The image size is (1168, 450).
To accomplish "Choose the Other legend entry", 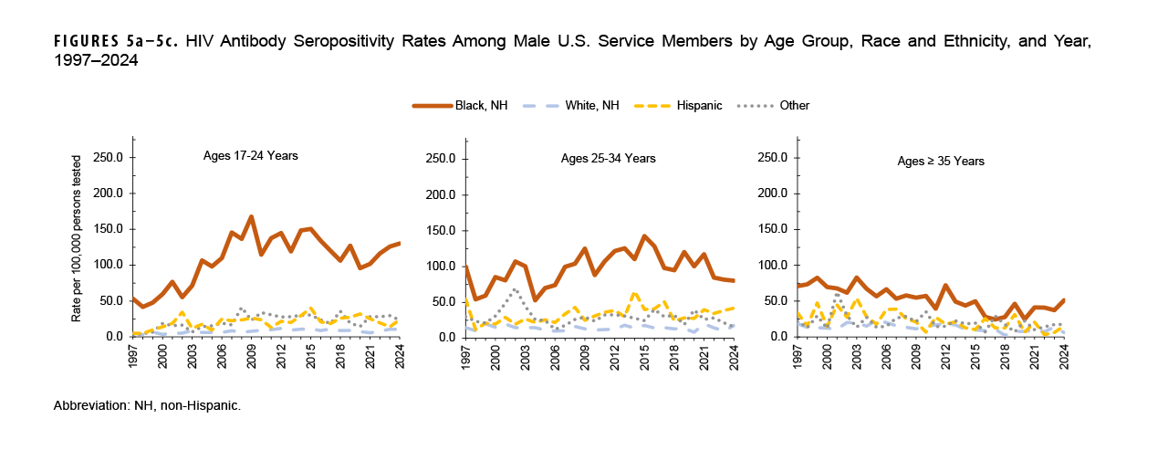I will coord(794,105).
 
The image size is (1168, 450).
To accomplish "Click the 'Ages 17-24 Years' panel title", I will coord(250,156).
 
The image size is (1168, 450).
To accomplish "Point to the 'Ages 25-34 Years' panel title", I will coord(608,159).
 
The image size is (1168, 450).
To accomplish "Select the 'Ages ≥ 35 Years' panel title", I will coord(940,162).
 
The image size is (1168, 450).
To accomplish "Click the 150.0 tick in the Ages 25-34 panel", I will coord(442,230).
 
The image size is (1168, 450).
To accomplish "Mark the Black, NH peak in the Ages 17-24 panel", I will coord(251,217).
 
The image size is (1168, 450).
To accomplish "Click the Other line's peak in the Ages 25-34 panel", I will coord(515,289).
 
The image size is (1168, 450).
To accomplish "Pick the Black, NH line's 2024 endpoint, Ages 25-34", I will coord(733,280).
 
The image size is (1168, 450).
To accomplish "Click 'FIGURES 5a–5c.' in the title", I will coord(101,43).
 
